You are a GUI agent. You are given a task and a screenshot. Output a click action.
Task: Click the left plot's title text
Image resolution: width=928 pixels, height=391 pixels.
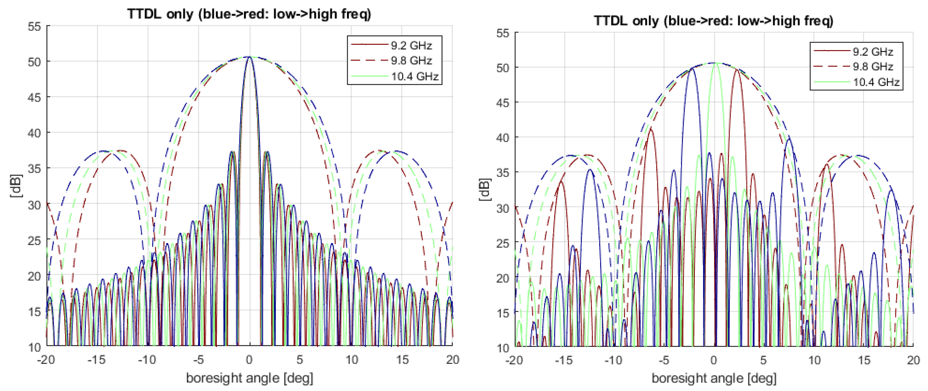(249, 14)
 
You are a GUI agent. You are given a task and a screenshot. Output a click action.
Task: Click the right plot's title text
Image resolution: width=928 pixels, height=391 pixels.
(713, 20)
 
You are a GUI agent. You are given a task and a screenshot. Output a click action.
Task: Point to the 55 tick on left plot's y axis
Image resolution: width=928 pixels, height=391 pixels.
(35, 26)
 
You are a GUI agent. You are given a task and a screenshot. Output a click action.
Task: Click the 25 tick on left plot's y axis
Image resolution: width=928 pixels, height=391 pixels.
(35, 240)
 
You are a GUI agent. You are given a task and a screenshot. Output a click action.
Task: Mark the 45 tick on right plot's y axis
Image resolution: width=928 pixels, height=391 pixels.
(503, 103)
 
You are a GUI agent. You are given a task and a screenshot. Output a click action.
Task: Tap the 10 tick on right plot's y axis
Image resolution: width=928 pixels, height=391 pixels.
(503, 348)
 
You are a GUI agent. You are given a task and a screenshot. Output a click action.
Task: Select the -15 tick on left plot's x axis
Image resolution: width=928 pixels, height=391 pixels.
(96, 360)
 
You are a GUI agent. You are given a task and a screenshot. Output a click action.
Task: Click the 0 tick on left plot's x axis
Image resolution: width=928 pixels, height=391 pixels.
(249, 360)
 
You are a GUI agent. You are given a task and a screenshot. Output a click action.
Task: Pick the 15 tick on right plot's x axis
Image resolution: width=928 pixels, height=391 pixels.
(864, 360)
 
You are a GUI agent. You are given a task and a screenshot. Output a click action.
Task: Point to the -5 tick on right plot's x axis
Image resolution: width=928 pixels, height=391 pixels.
(664, 360)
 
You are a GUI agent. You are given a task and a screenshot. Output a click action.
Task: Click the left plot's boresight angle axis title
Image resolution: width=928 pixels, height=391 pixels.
(249, 378)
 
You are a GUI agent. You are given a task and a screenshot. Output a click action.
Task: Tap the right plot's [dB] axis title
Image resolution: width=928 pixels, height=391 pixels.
(484, 190)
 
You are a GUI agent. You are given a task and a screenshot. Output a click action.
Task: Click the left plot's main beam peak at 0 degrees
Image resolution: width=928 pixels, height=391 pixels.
(249, 57)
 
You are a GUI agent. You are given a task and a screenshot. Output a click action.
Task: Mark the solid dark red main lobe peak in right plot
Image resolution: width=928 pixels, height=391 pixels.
(737, 69)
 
